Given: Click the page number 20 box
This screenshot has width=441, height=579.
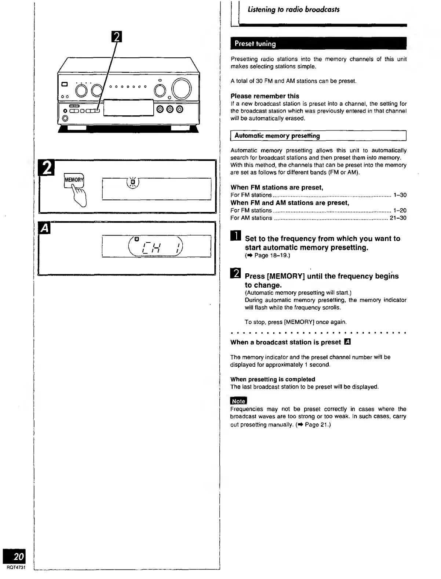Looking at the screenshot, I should point(14,556).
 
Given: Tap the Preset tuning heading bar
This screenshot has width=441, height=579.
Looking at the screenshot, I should point(318,43).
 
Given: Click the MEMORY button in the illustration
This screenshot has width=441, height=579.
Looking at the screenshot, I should point(74,180).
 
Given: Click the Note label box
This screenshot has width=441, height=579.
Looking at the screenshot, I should point(238,401).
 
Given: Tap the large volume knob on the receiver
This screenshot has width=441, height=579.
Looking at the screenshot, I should point(182,89).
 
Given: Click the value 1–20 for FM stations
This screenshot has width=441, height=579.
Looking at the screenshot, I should point(400,211).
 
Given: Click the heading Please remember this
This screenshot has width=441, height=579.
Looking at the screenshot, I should point(265,96).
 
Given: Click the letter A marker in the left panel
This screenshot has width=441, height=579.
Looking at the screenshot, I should point(44,228).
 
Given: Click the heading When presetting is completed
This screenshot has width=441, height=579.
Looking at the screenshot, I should point(273,379).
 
